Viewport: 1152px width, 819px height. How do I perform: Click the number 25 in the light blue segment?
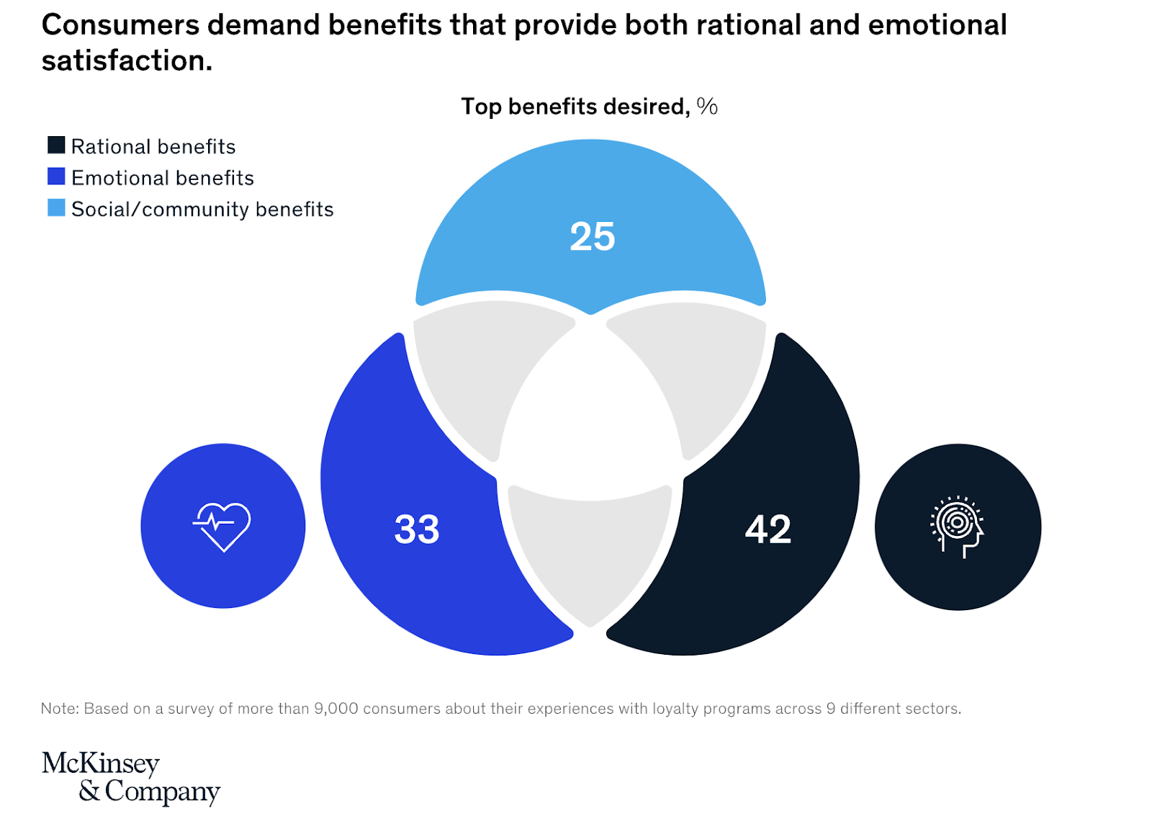tap(592, 236)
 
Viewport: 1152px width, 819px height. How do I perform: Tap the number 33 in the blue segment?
tap(417, 529)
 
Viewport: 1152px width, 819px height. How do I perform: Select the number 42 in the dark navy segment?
tap(768, 529)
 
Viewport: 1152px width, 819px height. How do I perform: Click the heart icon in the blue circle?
tap(222, 526)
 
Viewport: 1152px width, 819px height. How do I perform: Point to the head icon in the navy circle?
tap(957, 527)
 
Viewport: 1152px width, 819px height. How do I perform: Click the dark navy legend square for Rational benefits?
tap(56, 146)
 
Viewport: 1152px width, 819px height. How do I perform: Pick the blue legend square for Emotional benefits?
tap(56, 176)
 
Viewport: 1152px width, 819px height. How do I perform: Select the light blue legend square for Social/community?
tap(56, 208)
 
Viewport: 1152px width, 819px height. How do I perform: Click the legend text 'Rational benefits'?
tap(153, 147)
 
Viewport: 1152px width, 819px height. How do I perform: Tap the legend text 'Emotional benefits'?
tap(163, 178)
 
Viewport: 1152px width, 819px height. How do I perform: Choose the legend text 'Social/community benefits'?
tap(202, 210)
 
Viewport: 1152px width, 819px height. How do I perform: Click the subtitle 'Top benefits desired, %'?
tap(589, 107)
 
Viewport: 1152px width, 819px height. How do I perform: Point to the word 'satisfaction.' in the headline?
tap(127, 61)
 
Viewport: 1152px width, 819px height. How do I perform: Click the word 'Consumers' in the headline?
tap(120, 25)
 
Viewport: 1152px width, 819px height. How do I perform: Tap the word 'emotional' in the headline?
tap(937, 25)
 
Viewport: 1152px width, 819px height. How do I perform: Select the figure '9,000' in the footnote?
tap(336, 709)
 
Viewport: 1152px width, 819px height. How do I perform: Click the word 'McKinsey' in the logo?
tap(101, 764)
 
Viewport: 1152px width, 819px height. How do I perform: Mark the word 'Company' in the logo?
tap(162, 791)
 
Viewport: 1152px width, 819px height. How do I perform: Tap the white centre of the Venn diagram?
tap(590, 418)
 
